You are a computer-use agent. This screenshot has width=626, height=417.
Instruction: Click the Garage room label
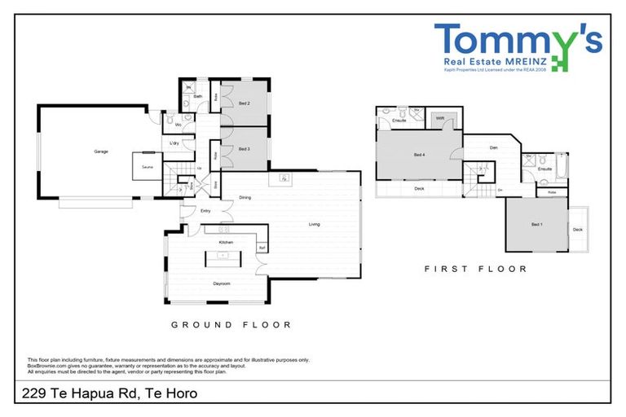coord(101,151)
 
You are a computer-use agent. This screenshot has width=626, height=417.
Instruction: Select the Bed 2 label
coord(244,103)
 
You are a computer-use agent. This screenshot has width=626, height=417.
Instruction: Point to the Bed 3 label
coord(244,149)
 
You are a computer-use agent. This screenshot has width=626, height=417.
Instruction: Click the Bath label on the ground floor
coord(198,96)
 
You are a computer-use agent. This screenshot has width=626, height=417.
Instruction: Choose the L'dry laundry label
coord(174,144)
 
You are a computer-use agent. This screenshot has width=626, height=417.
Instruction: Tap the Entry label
coord(195,211)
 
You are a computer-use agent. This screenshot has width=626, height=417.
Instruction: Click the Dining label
coord(245,197)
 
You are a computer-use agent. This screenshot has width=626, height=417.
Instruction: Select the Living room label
coord(314,224)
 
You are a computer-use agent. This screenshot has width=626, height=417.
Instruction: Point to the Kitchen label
coord(226,243)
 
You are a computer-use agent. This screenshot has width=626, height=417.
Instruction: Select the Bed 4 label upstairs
coord(419,155)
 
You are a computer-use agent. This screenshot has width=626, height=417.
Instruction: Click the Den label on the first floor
coord(493,147)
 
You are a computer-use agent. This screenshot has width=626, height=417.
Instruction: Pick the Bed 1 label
coord(536,224)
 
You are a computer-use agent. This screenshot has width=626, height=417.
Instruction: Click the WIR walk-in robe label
coord(439,119)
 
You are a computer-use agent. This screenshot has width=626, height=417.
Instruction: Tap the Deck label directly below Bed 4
coord(419,188)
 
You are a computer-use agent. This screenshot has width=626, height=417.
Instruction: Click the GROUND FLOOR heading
coord(231,324)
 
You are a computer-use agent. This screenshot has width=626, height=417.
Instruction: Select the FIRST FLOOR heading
coord(476,268)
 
